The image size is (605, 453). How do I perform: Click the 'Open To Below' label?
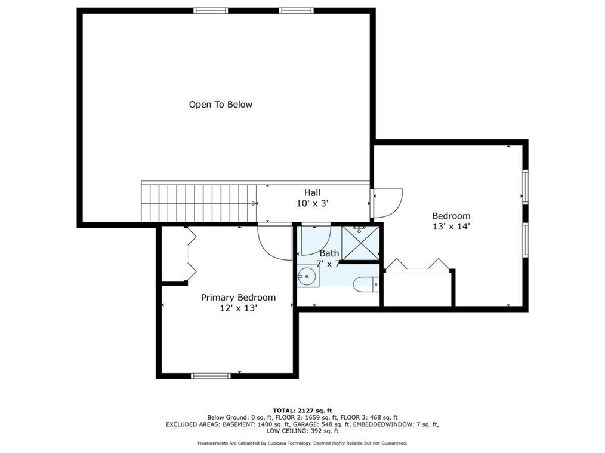220,105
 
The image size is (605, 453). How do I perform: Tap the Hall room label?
312,192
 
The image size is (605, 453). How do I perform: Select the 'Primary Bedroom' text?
238,298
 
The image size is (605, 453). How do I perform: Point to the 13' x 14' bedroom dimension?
450,227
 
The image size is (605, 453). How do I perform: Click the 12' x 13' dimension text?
238,308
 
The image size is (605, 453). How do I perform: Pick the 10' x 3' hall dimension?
312,203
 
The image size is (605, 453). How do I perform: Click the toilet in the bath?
366,284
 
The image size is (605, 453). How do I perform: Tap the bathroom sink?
308,276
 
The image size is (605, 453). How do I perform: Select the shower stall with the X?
361,243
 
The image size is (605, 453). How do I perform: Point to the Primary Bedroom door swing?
274,242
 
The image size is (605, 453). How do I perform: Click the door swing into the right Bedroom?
388,203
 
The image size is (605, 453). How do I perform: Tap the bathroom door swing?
316,240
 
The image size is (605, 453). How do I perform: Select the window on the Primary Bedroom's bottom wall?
211,376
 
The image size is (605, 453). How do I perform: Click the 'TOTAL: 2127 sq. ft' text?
302,411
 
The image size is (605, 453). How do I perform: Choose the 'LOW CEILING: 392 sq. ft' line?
302,431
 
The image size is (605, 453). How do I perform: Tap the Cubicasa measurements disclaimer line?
302,443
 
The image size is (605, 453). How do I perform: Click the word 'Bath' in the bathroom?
329,253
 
